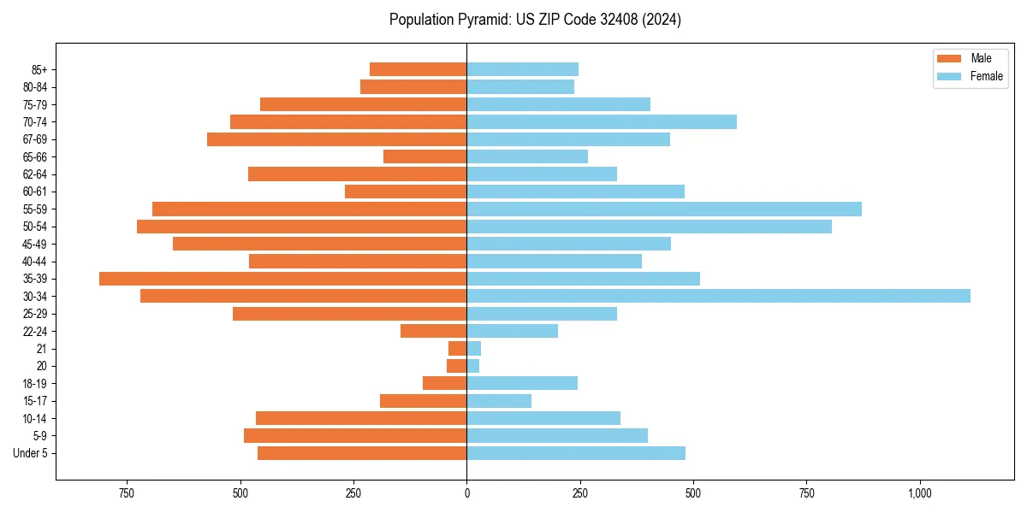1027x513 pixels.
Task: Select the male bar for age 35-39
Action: (282, 279)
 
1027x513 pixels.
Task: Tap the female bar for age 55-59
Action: (663, 209)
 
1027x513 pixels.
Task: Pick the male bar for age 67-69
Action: (336, 139)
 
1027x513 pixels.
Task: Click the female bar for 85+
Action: (522, 69)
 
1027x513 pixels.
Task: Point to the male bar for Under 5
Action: (362, 453)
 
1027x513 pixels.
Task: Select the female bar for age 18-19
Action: (521, 383)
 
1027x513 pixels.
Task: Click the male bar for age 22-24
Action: (433, 331)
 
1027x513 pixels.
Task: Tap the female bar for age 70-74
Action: (601, 121)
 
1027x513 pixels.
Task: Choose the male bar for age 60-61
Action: (406, 192)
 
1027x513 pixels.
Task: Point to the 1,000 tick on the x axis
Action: (920, 493)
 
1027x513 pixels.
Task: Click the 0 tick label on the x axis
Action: (466, 493)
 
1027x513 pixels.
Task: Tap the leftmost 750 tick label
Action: (127, 493)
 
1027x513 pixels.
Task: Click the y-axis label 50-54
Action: (35, 227)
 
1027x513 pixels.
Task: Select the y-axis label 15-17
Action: (35, 401)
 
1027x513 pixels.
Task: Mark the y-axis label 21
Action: (41, 349)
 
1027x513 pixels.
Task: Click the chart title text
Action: (535, 20)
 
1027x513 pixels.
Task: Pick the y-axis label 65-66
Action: (35, 156)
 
